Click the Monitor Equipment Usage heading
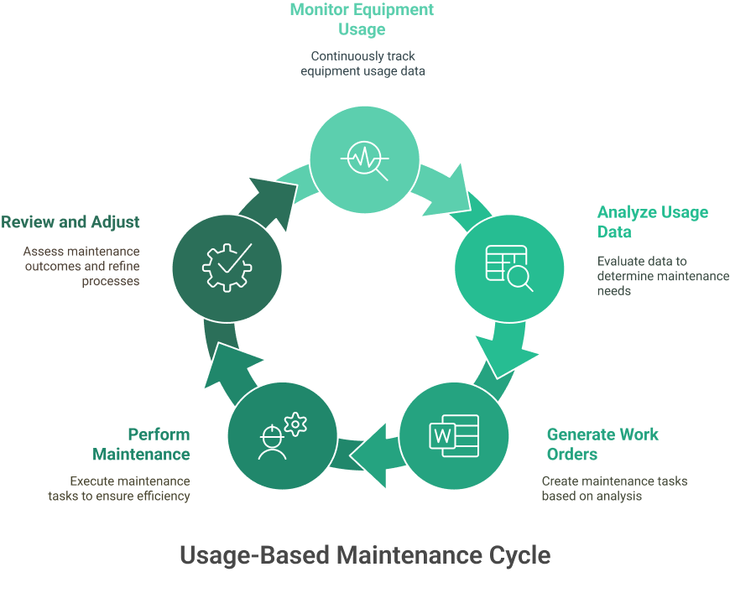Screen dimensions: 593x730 pos(362,19)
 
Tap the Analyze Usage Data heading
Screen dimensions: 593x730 pos(652,221)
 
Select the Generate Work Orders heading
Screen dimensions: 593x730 pos(602,444)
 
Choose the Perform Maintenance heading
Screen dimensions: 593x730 pos(141,444)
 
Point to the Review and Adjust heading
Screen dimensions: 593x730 pos(70,222)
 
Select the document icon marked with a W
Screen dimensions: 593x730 pos(454,436)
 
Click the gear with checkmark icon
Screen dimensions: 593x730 pos(227,265)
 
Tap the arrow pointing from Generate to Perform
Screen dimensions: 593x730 pos(370,453)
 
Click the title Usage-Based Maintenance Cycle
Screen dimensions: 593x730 pos(365,554)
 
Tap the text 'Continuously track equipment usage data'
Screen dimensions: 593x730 pos(362,64)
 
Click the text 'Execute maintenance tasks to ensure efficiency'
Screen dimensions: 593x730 pos(119,488)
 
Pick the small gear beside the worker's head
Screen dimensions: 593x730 pos(295,424)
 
